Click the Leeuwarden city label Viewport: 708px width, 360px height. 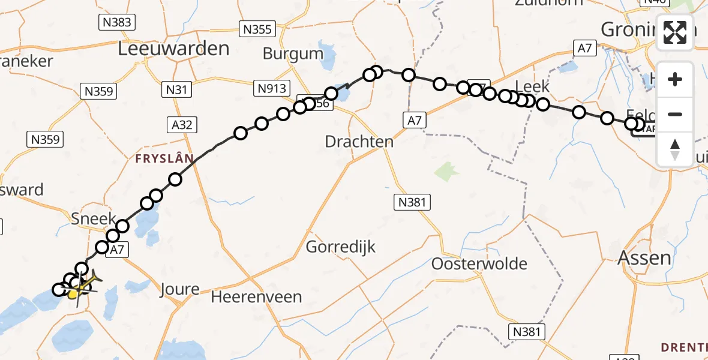click(x=173, y=49)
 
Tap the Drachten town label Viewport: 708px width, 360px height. click(x=359, y=142)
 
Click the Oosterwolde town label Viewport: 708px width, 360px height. click(x=479, y=263)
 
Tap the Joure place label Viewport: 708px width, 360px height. click(x=179, y=290)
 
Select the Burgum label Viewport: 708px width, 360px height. click(x=293, y=54)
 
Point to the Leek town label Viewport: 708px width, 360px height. click(x=532, y=86)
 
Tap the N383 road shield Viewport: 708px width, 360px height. click(x=116, y=23)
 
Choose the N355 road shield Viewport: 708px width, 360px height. click(x=257, y=29)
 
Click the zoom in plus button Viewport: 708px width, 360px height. click(x=675, y=79)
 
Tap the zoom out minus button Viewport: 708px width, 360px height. click(x=675, y=114)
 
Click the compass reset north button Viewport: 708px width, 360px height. click(x=675, y=149)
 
